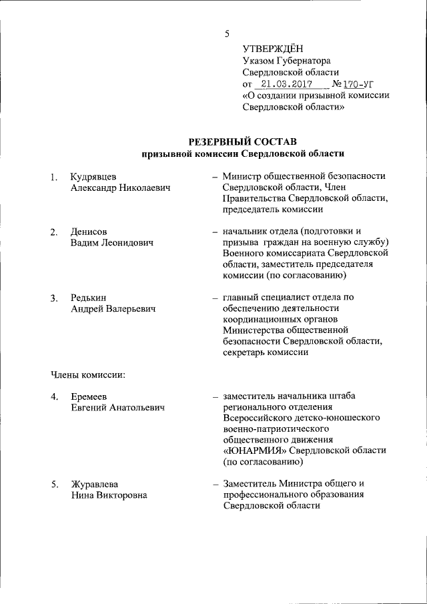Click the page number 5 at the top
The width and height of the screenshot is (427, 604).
227,33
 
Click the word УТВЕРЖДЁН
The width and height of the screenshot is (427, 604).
272,47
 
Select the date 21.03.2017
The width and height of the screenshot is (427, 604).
285,84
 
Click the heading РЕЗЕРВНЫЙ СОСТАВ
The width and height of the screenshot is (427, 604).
242,141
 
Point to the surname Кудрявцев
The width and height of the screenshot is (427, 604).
93,176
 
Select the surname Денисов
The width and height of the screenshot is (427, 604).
89,231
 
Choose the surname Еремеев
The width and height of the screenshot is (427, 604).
90,396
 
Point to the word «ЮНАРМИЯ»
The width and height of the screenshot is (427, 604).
259,450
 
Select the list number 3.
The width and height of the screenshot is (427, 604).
53,298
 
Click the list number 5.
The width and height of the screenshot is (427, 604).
53,483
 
